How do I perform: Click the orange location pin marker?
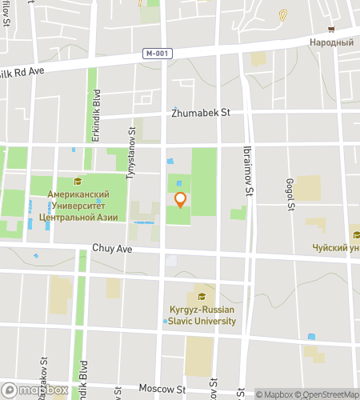coord(180,200)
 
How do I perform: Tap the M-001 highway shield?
coord(158,54)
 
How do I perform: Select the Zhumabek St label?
coord(200,113)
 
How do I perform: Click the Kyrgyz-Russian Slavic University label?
coord(202,315)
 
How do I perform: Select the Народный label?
coord(331,42)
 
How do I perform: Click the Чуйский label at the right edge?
coord(336,248)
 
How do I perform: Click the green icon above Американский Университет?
coord(78,181)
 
